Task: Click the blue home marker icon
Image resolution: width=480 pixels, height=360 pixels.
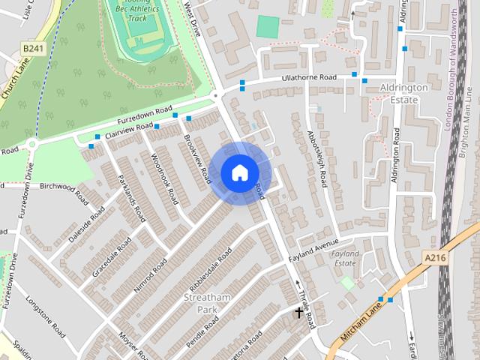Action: click(x=240, y=173)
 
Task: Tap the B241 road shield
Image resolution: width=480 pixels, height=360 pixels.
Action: click(x=33, y=49)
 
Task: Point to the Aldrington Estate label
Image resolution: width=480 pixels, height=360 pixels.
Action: click(x=404, y=93)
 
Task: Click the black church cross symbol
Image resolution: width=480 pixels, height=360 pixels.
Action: click(x=298, y=311)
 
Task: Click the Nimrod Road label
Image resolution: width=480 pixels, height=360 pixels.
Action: click(x=150, y=277)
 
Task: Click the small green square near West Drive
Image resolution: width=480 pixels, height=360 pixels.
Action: click(x=266, y=27)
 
